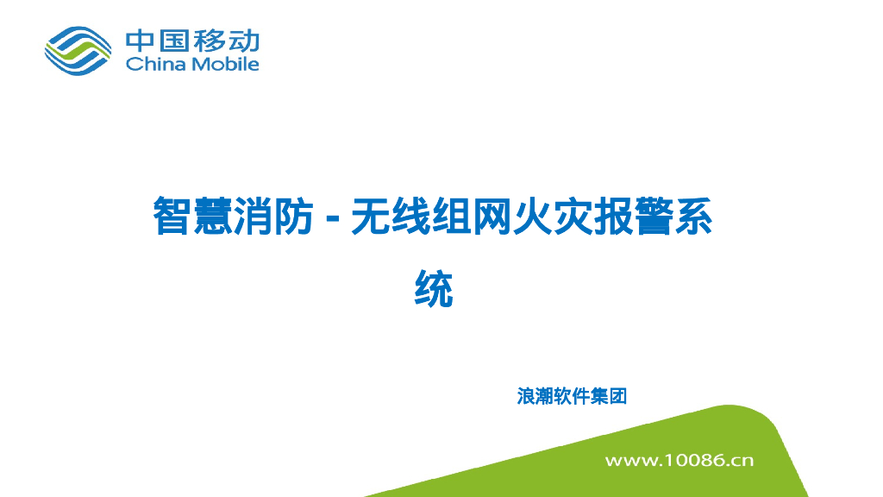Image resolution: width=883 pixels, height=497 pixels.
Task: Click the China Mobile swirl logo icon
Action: click(78, 49)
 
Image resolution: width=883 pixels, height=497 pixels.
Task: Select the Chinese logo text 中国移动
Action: click(192, 41)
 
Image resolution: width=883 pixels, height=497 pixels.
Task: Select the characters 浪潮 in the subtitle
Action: click(535, 397)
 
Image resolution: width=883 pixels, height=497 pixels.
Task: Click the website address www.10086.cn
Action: click(679, 460)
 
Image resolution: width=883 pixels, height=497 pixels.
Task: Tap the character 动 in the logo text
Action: click(242, 41)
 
